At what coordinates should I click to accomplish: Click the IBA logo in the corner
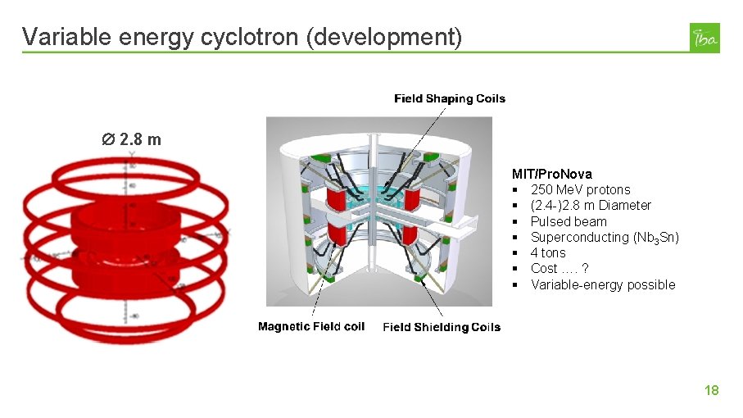pos(704,38)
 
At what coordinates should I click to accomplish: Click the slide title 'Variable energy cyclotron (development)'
pos(242,37)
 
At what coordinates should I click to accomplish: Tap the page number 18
pos(711,390)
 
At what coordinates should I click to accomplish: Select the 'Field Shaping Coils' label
pos(450,98)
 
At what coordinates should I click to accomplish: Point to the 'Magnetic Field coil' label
pos(311,326)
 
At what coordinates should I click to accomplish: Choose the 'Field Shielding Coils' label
pos(442,327)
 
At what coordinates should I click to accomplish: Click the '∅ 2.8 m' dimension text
pos(131,139)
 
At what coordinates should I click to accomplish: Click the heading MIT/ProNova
pos(551,174)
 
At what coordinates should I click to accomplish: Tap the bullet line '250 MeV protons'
pos(580,189)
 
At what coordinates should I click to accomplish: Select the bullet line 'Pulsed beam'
pos(569,221)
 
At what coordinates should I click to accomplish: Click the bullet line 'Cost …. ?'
pos(560,268)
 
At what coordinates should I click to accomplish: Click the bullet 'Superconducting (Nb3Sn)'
pos(605,237)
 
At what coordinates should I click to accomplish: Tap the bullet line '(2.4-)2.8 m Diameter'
pos(591,205)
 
